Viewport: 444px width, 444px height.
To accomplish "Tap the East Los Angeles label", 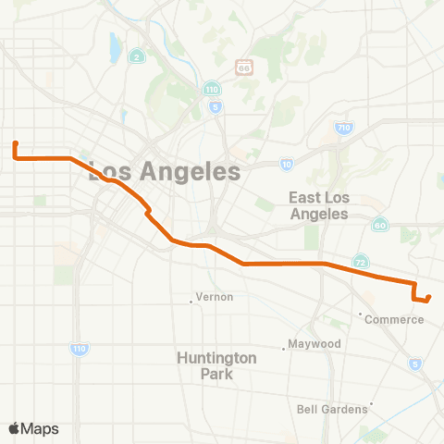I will click(x=317, y=205).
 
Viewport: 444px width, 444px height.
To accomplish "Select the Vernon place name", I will click(x=215, y=297).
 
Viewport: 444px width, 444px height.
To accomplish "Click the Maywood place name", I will click(x=315, y=343).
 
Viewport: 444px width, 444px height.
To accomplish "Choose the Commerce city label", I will click(x=394, y=320).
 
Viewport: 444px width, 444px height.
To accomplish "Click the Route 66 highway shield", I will click(x=243, y=67).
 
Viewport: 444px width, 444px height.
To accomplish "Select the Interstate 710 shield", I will click(x=343, y=129).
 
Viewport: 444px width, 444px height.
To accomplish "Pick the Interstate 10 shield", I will click(x=287, y=164).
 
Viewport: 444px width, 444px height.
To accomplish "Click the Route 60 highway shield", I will click(x=380, y=225).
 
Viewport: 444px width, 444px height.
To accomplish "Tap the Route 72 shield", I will click(x=362, y=263).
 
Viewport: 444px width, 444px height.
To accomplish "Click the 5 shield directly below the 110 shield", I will click(x=215, y=106).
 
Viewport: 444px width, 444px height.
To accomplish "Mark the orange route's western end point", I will click(x=16, y=143).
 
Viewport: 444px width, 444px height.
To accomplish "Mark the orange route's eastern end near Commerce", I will click(x=430, y=297).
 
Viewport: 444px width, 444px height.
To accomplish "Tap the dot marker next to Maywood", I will click(x=284, y=349).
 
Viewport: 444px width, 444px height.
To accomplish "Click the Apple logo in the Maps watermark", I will click(x=15, y=428).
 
